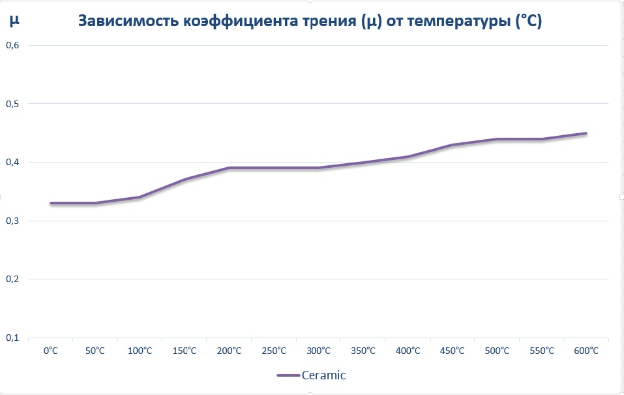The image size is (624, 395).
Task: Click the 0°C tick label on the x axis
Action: coord(50,351)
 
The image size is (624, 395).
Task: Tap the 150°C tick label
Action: coord(185,351)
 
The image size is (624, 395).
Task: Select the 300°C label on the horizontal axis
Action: coord(318,351)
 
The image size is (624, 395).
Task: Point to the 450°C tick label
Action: coord(453,351)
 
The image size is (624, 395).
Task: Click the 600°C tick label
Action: coord(586,351)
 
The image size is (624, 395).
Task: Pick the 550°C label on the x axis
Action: coord(542,351)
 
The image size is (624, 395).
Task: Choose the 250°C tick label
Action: coord(274,351)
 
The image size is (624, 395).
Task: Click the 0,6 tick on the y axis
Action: coord(13,45)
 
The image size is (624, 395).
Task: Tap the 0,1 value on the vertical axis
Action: coord(13,338)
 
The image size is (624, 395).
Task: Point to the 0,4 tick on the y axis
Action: coord(13,162)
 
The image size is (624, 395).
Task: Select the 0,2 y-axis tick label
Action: coord(13,279)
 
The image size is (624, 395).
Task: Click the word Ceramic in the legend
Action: coord(323,375)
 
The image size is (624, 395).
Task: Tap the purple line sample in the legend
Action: coord(288,375)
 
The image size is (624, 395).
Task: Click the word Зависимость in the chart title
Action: coord(128,22)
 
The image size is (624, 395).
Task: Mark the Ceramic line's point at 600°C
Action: coord(586,133)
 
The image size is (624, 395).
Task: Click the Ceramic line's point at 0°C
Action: coord(50,203)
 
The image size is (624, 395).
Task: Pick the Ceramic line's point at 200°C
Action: coord(229,168)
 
